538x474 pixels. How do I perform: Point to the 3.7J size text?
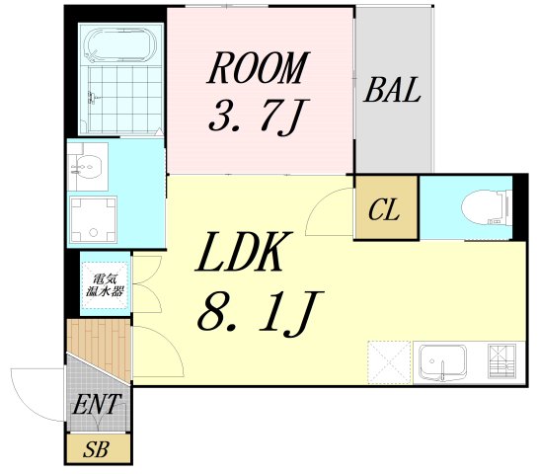click(x=253, y=118)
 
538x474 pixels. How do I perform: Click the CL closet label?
click(x=386, y=210)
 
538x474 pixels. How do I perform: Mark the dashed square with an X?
click(x=388, y=361)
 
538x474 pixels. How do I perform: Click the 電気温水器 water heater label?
click(x=103, y=283)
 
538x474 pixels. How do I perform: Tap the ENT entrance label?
click(x=96, y=404)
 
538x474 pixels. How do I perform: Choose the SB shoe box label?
click(x=96, y=449)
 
